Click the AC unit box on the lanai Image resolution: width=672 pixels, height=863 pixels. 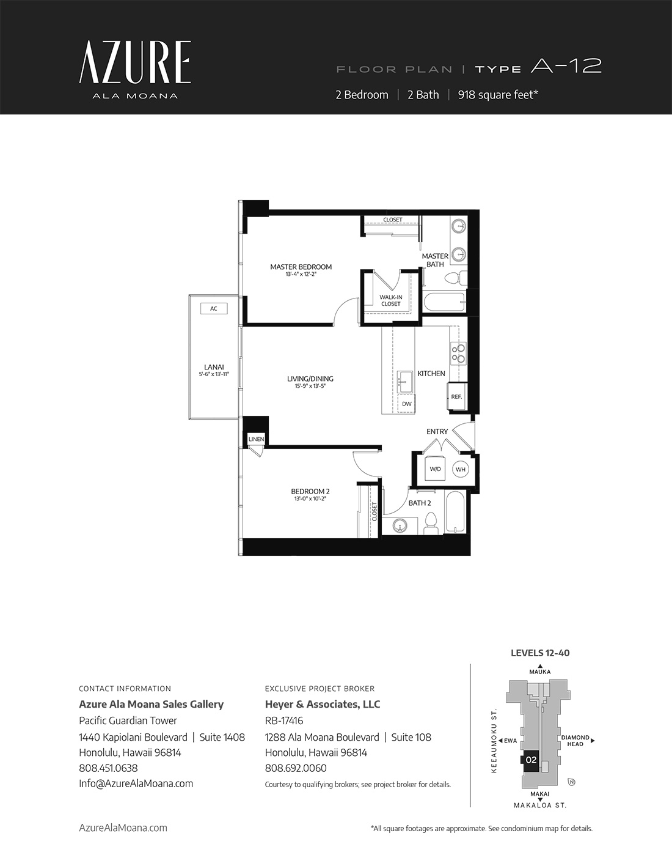[x=214, y=309]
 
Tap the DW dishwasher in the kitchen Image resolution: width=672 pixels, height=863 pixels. [x=407, y=404]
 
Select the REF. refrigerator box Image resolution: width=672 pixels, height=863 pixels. [x=456, y=396]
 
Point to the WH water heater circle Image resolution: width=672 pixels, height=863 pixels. [x=460, y=470]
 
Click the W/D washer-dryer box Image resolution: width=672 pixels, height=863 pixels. [x=435, y=469]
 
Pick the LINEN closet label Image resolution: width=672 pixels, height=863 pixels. [x=256, y=439]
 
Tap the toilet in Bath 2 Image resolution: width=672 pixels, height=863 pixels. [x=431, y=523]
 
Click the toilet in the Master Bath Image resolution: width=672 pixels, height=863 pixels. [x=456, y=278]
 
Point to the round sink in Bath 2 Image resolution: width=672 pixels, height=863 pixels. [x=400, y=526]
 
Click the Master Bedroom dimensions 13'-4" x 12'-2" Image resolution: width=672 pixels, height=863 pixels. [x=301, y=275]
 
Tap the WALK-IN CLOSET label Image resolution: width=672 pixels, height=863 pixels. [x=391, y=301]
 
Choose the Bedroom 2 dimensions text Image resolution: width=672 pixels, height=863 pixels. [x=310, y=499]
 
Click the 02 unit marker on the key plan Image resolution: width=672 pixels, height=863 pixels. [x=531, y=760]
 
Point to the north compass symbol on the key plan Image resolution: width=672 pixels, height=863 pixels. [x=572, y=782]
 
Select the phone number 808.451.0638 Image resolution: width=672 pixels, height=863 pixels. [x=108, y=768]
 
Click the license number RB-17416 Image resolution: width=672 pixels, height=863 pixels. [x=284, y=720]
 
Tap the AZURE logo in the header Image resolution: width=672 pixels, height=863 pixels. [x=135, y=62]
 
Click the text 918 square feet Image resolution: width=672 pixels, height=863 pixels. [x=498, y=95]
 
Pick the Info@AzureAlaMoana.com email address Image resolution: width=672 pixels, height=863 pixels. [x=136, y=783]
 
